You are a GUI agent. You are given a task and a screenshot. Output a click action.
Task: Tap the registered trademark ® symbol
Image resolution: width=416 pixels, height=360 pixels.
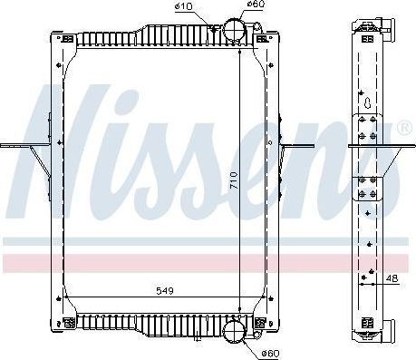[403, 127]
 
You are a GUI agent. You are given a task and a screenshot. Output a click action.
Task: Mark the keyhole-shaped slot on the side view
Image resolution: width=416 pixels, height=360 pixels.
[367, 100]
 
